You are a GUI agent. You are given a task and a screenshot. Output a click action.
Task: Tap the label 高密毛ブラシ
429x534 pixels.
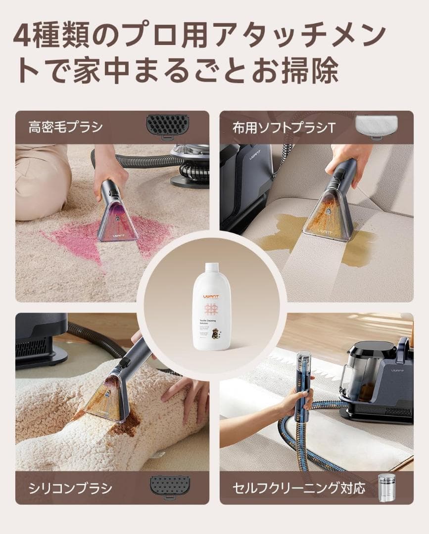coord(65,128)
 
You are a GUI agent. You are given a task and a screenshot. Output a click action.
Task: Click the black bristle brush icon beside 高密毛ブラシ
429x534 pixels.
coord(167,126)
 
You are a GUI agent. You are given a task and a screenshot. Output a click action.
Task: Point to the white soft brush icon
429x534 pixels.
coord(376,127)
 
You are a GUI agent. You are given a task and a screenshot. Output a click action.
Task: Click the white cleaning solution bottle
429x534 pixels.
coord(212,307)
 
